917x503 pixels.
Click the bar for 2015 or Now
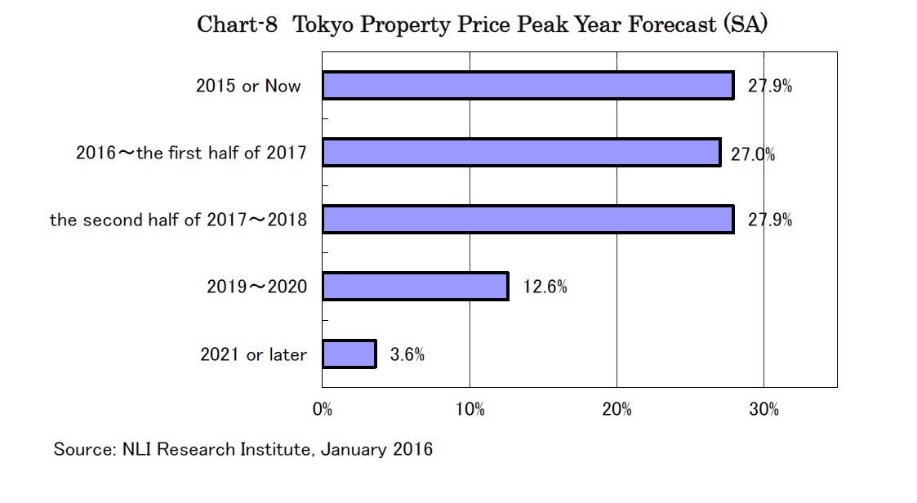click(527, 86)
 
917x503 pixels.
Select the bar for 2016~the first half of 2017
click(521, 153)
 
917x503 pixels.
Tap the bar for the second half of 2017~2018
click(527, 220)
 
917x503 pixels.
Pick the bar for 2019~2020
click(415, 287)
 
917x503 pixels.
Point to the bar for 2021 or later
click(349, 354)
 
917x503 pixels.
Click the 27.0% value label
click(752, 154)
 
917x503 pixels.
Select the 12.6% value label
click(545, 287)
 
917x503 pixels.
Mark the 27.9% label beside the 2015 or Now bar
click(769, 87)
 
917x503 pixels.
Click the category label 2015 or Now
click(248, 86)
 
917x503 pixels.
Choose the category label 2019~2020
click(257, 287)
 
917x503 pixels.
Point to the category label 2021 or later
click(254, 354)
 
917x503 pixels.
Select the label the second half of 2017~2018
click(178, 220)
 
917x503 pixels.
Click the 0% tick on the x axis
click(323, 410)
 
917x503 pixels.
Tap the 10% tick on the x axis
click(470, 410)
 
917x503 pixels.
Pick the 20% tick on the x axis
click(617, 410)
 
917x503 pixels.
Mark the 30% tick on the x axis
click(763, 410)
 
